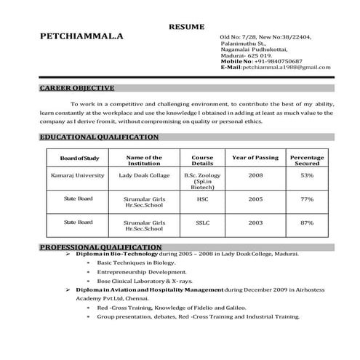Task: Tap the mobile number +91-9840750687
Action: tap(276, 61)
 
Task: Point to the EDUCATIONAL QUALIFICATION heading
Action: tap(99, 137)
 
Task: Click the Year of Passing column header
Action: tap(255, 158)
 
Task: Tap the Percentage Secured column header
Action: tap(307, 161)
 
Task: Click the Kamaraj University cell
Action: tap(73, 175)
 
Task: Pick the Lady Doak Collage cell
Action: tap(143, 175)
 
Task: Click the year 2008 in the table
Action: tap(255, 175)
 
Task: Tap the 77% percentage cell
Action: tap(307, 199)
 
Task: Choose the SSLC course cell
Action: tap(202, 222)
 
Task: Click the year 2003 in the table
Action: tap(255, 222)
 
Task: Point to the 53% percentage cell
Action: tap(307, 175)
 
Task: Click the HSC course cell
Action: tap(202, 199)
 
